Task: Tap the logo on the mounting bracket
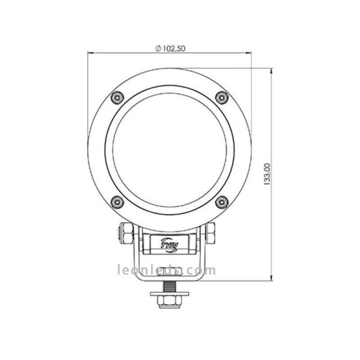170,244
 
